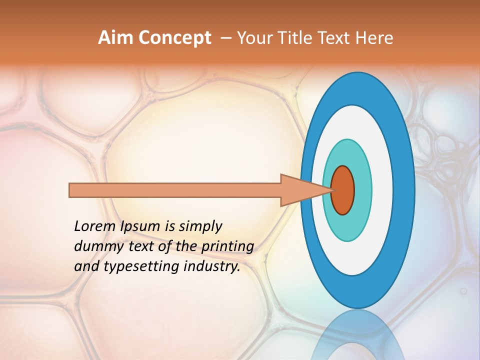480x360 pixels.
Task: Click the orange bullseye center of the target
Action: (342, 190)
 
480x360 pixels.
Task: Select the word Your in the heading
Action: (251, 38)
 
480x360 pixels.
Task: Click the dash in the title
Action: (225, 38)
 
